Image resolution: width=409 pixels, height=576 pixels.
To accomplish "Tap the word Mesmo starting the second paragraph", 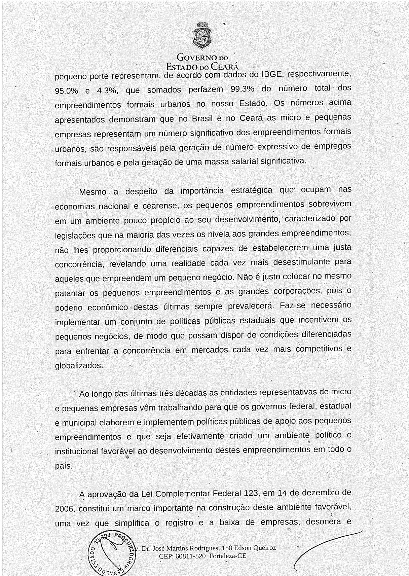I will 93,192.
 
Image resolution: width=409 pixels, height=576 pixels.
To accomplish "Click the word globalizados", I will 79,365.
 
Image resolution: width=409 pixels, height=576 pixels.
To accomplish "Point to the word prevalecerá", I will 249,306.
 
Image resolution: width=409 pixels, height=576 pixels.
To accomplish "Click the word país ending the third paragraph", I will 64,466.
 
